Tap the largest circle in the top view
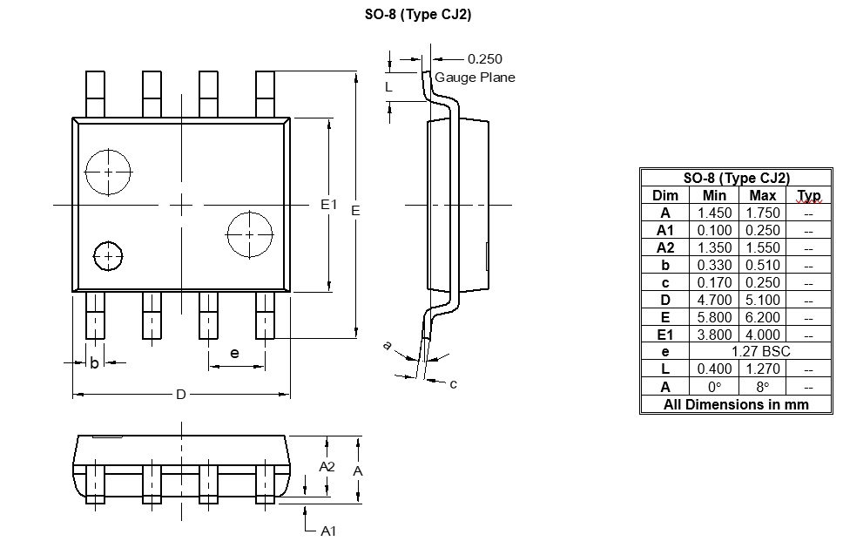coord(108,172)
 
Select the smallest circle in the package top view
coord(108,256)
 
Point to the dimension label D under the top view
coord(181,395)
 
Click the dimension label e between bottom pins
coord(234,353)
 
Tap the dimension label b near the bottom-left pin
coord(94,362)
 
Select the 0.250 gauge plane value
coord(485,59)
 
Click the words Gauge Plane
coord(475,78)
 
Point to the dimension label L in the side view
coord(389,86)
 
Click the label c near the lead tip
coord(454,383)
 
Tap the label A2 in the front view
coord(327,466)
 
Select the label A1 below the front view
coord(328,531)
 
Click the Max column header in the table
coord(762,195)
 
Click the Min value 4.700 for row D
coord(713,300)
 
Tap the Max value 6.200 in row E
coord(762,317)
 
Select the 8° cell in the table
coord(762,386)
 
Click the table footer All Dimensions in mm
coord(736,404)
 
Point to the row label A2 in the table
coord(665,247)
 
